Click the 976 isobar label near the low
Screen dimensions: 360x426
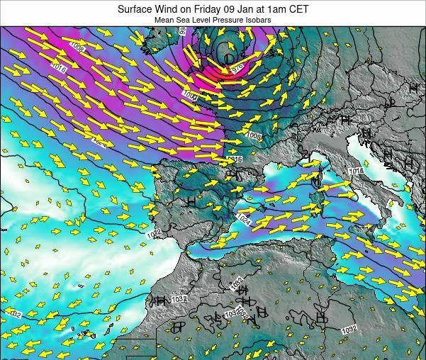click(237, 67)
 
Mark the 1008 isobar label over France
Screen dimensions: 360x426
click(254, 135)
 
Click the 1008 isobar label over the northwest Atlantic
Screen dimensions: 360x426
click(77, 49)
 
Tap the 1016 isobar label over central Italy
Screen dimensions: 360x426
click(355, 171)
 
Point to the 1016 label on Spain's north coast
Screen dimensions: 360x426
click(235, 159)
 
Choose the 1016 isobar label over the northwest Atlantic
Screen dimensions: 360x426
click(59, 69)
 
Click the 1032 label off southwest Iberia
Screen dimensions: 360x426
click(155, 232)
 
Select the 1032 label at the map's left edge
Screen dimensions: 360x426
click(14, 314)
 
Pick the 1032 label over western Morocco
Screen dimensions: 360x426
click(179, 299)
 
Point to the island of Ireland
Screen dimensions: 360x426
click(157, 43)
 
